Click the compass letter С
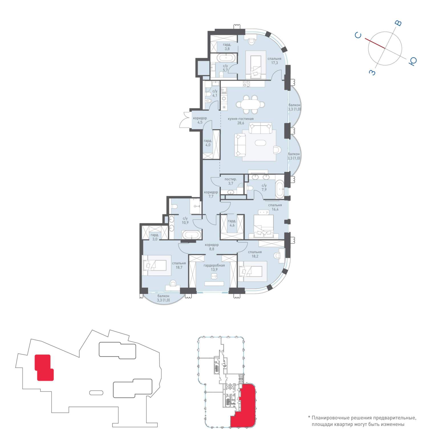(x=358, y=35)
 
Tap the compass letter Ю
(x=413, y=61)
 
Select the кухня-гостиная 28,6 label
(x=241, y=121)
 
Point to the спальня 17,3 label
(x=274, y=61)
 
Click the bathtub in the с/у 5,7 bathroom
(x=226, y=58)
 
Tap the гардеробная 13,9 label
(x=214, y=267)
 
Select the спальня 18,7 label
(x=179, y=265)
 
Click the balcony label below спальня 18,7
(x=163, y=298)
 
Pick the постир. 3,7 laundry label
(x=231, y=181)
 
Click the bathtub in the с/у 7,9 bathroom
(x=279, y=189)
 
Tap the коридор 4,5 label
(x=200, y=120)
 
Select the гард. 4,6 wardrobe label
(x=232, y=223)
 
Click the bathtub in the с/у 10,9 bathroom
(x=192, y=235)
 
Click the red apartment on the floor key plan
(x=244, y=406)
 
